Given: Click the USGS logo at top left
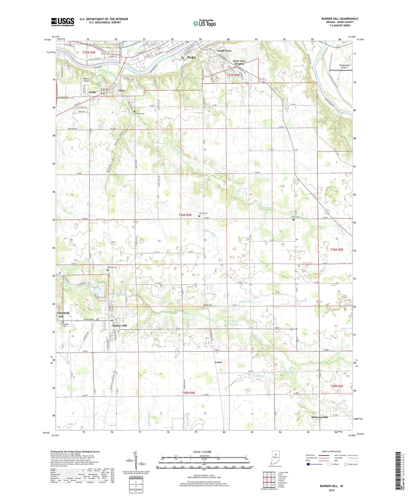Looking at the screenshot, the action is [62, 22].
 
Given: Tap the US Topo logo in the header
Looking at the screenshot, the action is [204, 23].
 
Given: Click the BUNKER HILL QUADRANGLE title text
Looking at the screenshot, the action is [340, 19].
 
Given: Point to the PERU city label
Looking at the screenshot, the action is [192, 57].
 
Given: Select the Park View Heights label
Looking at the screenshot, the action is [239, 62].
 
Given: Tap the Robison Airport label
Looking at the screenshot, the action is [86, 80].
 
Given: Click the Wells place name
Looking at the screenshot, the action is [92, 92].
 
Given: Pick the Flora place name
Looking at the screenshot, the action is [122, 91].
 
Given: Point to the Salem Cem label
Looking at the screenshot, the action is [203, 213].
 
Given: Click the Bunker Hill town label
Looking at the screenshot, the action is [119, 326].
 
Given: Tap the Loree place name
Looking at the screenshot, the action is [218, 362].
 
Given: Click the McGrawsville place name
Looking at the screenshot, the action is [319, 417].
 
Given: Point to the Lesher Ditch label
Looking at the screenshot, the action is [246, 301].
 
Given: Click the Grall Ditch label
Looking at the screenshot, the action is [258, 376].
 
